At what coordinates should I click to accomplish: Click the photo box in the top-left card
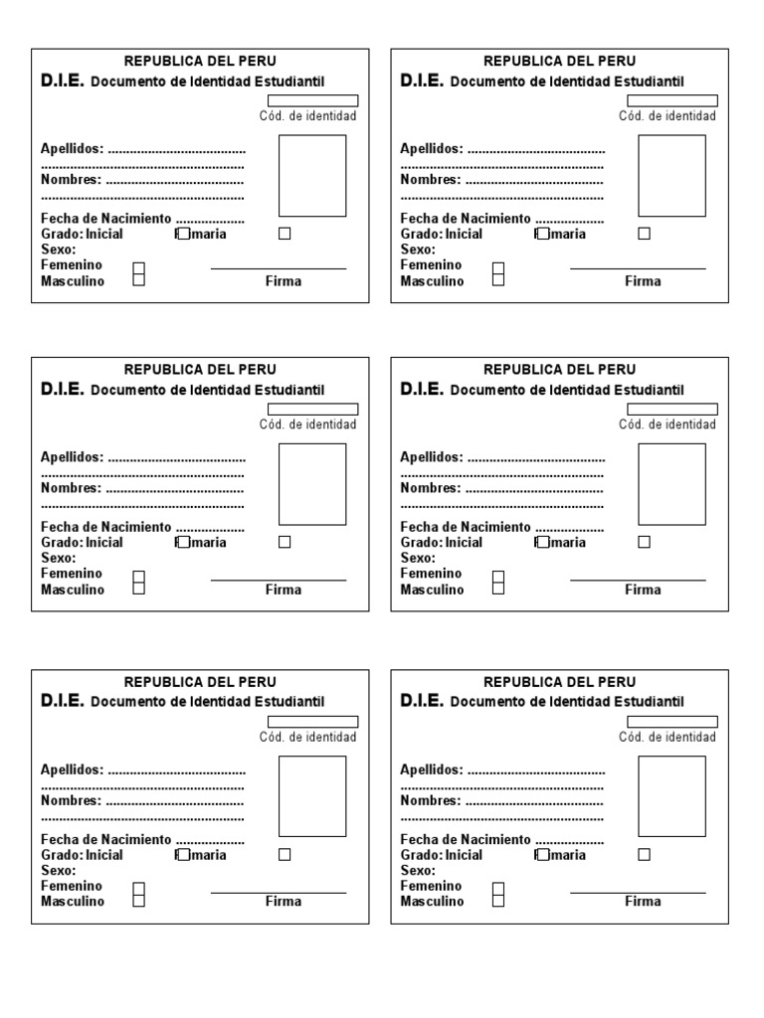pyautogui.click(x=312, y=176)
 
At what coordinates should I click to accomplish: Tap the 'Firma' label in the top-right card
pyautogui.click(x=643, y=281)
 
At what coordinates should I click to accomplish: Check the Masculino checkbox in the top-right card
pyautogui.click(x=498, y=279)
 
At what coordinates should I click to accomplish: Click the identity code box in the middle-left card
pyautogui.click(x=312, y=409)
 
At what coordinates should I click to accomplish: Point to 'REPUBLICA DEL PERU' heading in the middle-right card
pyautogui.click(x=559, y=370)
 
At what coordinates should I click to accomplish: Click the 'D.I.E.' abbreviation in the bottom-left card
pyautogui.click(x=63, y=701)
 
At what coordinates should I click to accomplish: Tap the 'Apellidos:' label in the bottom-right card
pyautogui.click(x=432, y=769)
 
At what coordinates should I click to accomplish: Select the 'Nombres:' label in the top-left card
pyautogui.click(x=71, y=180)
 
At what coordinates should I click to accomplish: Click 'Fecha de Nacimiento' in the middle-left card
pyautogui.click(x=106, y=527)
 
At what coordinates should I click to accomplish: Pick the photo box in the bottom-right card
pyautogui.click(x=671, y=796)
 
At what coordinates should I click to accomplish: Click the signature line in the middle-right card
pyautogui.click(x=638, y=580)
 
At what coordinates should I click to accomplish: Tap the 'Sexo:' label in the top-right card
pyautogui.click(x=418, y=250)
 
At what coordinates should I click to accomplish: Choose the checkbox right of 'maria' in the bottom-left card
pyautogui.click(x=285, y=854)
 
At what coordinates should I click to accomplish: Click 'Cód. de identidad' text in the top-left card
pyautogui.click(x=307, y=116)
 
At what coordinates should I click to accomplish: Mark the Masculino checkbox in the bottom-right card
pyautogui.click(x=498, y=900)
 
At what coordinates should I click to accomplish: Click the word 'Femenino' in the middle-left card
pyautogui.click(x=72, y=574)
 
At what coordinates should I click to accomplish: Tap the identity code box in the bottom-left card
pyautogui.click(x=312, y=722)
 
